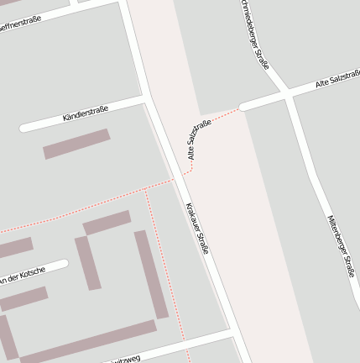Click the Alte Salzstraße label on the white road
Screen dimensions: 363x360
coord(337,81)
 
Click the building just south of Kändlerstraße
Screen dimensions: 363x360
coord(76,144)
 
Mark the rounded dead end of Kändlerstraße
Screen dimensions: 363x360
coord(24,129)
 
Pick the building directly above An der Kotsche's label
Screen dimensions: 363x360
coord(15,248)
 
